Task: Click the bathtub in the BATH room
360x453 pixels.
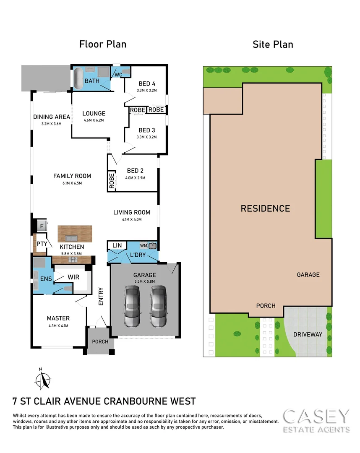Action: (78, 78)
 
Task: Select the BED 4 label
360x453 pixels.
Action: (146, 83)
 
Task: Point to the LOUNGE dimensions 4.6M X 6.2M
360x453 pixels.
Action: (94, 120)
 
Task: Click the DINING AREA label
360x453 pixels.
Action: (52, 117)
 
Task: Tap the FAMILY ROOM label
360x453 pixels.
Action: (72, 176)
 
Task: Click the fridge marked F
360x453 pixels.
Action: (42, 226)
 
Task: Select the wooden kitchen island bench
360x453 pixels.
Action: (75, 233)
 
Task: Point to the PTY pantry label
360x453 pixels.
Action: (41, 243)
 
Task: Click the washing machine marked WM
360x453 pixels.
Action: (144, 245)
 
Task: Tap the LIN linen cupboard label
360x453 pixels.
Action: (117, 245)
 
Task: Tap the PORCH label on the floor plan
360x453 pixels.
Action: (100, 341)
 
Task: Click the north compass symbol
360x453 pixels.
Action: (42, 380)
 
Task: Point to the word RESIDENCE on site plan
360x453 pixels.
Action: (265, 208)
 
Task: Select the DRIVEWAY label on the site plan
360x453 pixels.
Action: (308, 334)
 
